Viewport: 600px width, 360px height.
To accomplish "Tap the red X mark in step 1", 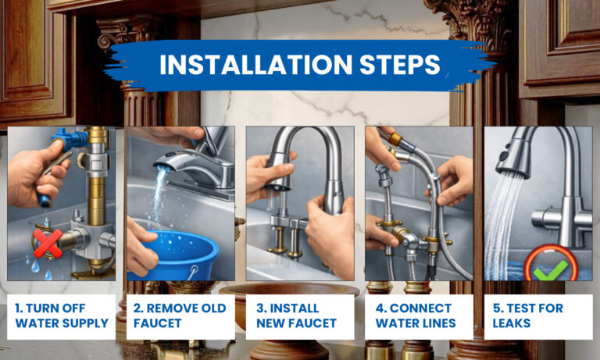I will coord(48,243).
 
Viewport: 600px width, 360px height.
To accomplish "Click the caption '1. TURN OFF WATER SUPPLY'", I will coord(61,315).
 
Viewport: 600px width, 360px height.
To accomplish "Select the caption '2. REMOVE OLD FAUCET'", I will coord(180,315).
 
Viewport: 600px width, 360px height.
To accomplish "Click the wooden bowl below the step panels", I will coord(290,301).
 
